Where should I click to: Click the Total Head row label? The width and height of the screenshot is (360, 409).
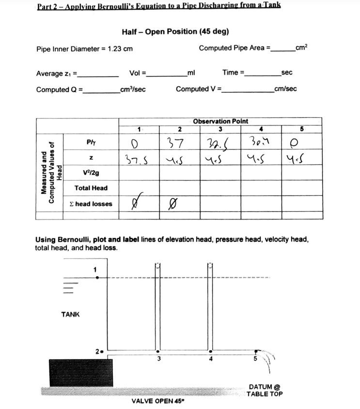pyautogui.click(x=91, y=188)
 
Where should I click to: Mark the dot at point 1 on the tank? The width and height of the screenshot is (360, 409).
pyautogui.click(x=97, y=277)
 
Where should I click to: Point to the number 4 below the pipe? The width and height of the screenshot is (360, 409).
pyautogui.click(x=211, y=360)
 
